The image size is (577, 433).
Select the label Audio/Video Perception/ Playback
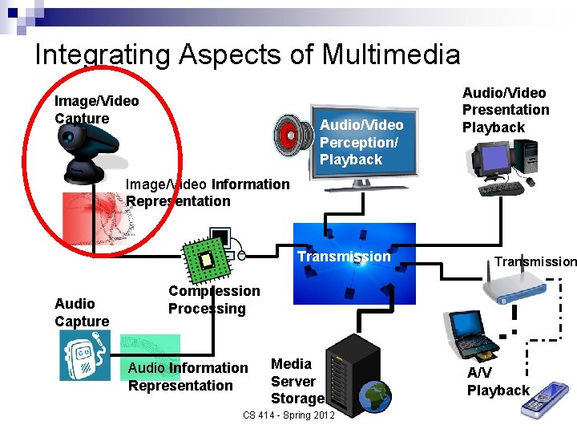361,142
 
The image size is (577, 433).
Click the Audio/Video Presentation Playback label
506,110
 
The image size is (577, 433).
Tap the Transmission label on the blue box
344,257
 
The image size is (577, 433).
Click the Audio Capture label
82,313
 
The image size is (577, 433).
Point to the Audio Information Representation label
188,376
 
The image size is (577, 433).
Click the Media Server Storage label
297,381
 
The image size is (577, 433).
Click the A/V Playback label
498,382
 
